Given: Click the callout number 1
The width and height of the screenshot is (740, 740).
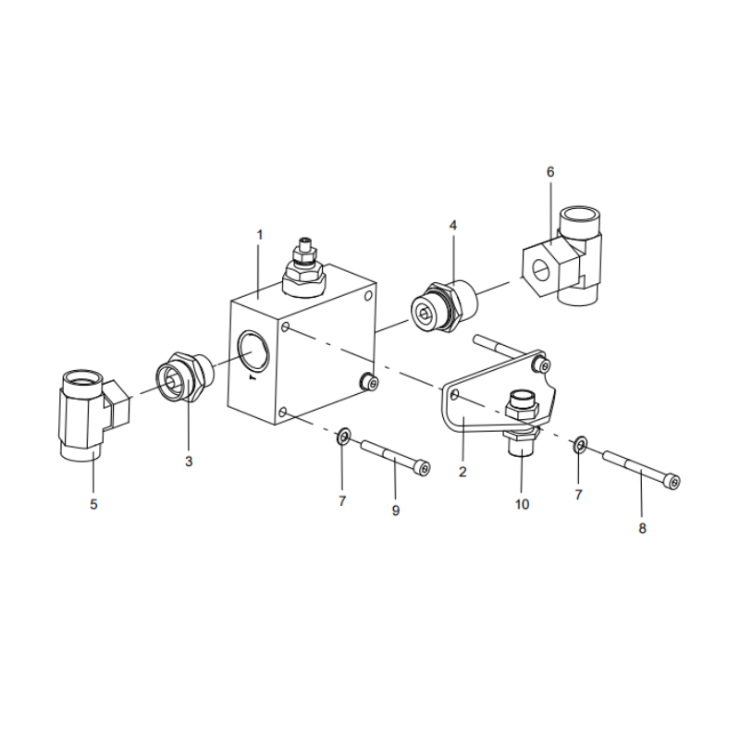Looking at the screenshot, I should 260,235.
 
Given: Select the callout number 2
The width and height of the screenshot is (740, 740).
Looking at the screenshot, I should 462,471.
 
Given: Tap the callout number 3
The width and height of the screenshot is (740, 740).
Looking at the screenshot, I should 189,461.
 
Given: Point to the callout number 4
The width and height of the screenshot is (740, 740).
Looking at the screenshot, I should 453,225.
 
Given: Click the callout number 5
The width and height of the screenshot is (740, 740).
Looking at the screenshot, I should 93,504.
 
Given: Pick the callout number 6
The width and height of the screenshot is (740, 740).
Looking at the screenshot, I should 550,172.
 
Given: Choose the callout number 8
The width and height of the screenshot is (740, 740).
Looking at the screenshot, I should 642,528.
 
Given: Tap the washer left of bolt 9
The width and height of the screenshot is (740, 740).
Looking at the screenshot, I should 343,436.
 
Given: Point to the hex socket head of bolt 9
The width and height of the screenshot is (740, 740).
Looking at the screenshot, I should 424,469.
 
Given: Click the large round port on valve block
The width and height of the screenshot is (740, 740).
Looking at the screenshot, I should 252,352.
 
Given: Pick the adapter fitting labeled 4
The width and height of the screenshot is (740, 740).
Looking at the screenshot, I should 444,306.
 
